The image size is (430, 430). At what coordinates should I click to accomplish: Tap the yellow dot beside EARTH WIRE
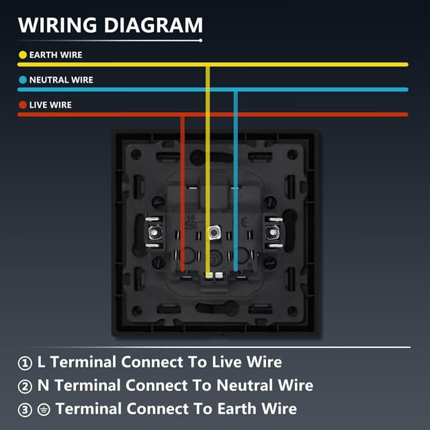tap(22, 55)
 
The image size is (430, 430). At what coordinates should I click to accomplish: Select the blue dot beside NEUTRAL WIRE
tap(22, 80)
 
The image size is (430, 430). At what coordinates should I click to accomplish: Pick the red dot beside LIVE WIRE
tap(22, 105)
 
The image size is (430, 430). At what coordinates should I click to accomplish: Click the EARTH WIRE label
tap(56, 55)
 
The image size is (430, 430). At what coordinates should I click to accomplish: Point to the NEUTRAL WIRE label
tap(61, 80)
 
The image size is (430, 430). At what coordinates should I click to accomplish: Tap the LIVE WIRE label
tap(50, 105)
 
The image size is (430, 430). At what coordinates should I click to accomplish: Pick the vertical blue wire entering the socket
tap(235, 175)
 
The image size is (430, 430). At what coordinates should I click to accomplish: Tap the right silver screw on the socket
tap(272, 233)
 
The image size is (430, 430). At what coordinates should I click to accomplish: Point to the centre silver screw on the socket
tap(214, 233)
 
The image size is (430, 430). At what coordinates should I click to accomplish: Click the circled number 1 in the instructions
tap(25, 363)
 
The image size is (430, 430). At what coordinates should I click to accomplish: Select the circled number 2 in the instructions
tap(25, 386)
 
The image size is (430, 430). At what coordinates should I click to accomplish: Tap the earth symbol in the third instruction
tap(44, 408)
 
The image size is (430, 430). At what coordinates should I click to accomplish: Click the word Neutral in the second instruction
tap(243, 386)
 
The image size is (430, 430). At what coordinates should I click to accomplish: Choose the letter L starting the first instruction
tap(42, 363)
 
